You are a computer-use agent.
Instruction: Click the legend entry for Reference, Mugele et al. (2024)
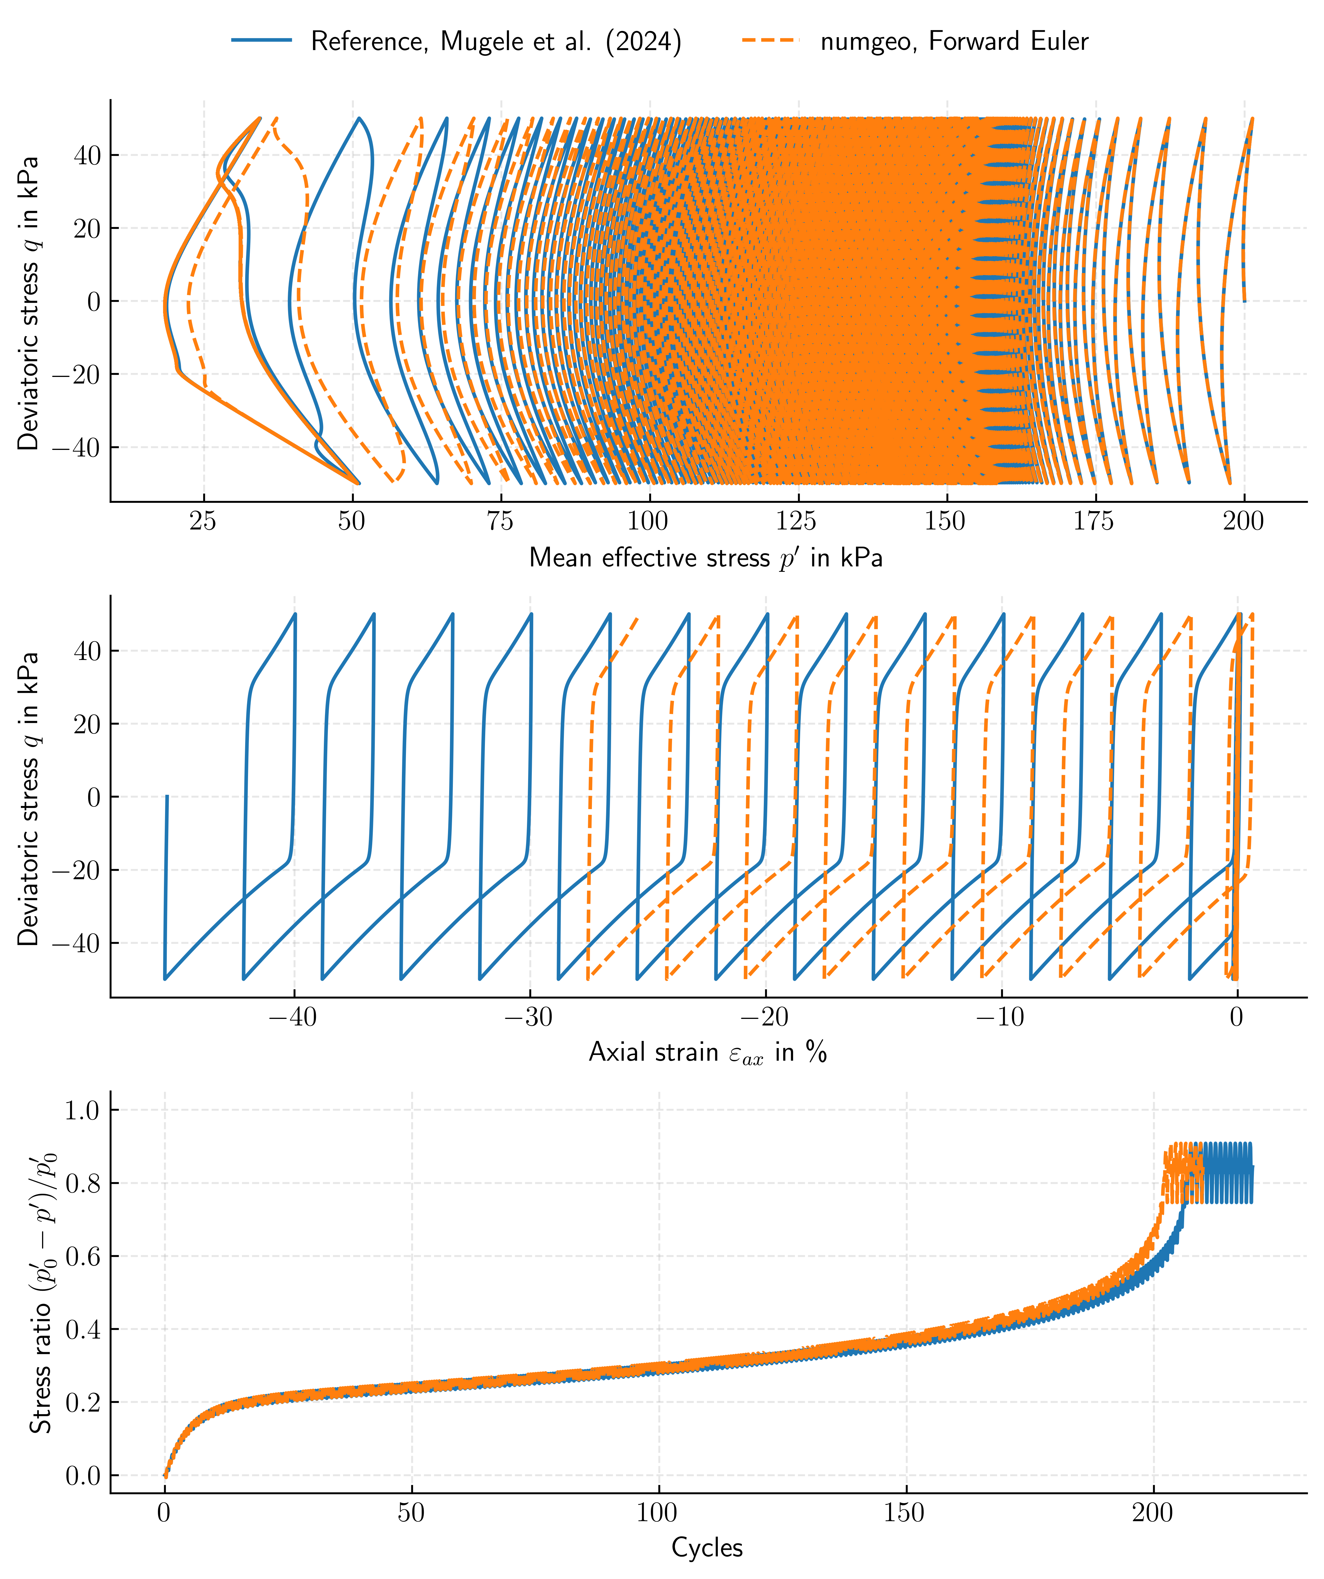click(496, 41)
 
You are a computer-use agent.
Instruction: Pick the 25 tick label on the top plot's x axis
click(203, 521)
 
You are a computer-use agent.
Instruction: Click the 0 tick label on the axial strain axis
click(1236, 1017)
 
